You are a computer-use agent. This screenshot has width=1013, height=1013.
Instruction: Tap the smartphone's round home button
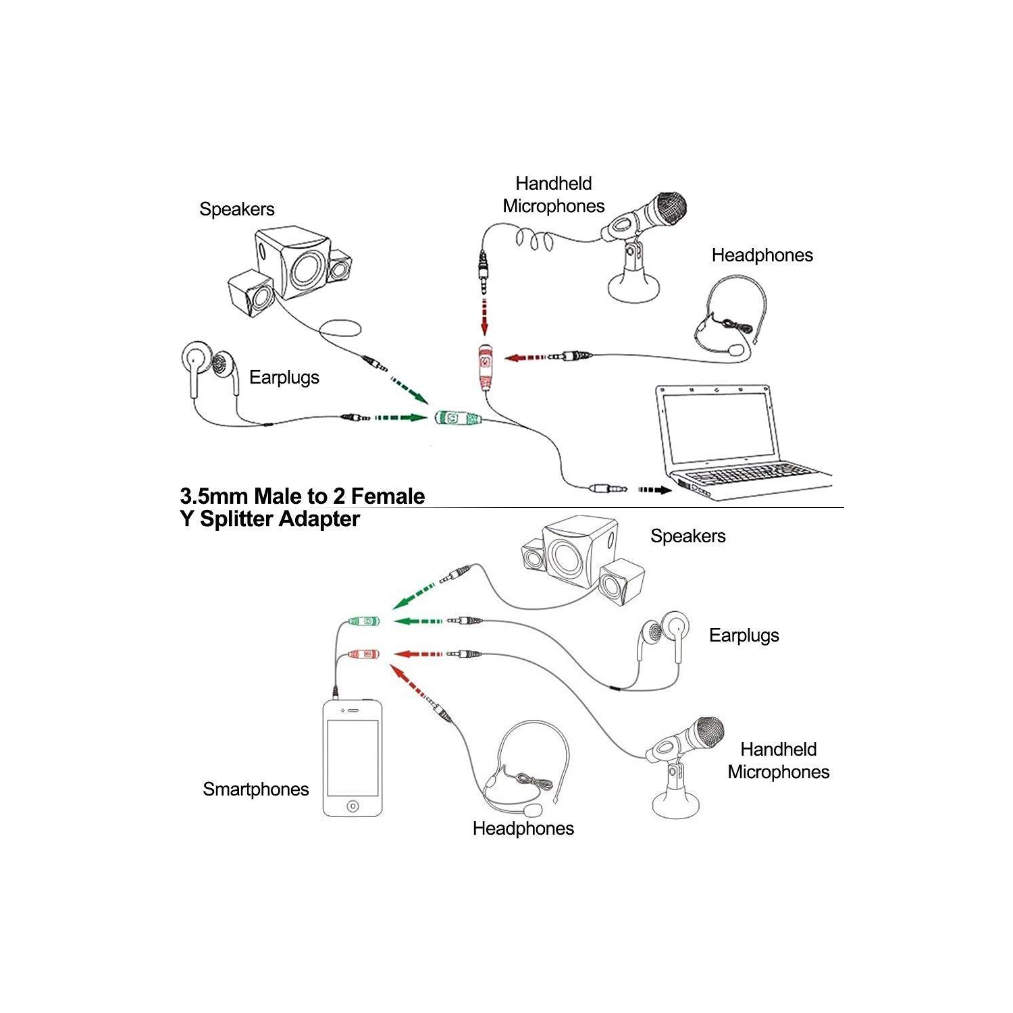click(353, 806)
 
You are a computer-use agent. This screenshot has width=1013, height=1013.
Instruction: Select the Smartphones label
click(256, 789)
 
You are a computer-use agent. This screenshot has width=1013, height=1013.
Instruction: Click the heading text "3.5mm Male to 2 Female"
click(303, 496)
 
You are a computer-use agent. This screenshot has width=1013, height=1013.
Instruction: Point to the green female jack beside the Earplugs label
click(457, 419)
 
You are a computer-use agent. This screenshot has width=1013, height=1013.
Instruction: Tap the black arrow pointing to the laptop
click(654, 490)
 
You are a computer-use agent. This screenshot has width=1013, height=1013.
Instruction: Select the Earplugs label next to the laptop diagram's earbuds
click(284, 377)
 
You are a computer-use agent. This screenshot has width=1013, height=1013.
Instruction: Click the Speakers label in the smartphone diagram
click(687, 536)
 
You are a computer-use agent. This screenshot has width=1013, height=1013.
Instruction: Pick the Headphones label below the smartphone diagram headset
click(523, 828)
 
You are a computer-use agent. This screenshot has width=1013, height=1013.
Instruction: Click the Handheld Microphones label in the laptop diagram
click(554, 194)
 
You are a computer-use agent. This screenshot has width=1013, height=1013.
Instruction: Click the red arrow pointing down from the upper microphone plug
click(484, 317)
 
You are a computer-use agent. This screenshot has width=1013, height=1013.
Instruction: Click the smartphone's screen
click(353, 758)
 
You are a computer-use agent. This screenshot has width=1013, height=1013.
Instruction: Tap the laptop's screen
click(717, 425)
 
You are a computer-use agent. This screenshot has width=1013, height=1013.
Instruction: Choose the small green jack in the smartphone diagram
click(363, 621)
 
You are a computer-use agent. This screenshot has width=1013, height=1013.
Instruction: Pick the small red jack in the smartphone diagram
click(363, 654)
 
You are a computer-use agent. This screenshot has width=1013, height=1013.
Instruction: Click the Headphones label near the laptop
click(762, 255)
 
